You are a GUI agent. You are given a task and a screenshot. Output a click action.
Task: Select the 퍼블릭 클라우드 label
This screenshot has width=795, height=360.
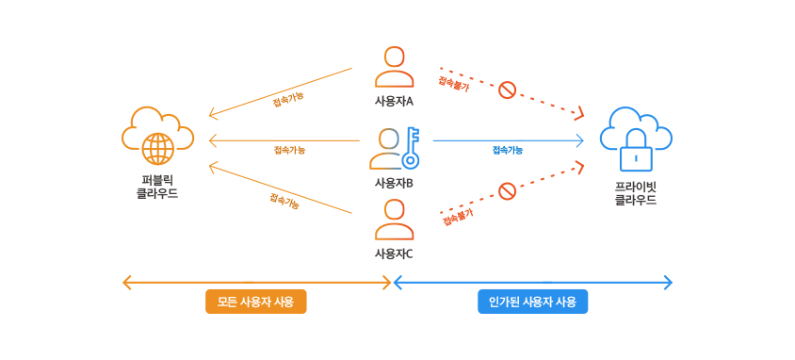pos(157,187)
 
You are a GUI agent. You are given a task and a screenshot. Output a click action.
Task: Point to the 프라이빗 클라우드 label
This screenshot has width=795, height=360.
pos(636,192)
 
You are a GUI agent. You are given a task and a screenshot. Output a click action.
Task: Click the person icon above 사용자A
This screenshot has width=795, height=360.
pos(395,67)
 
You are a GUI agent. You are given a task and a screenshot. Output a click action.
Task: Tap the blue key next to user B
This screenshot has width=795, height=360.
pos(412,148)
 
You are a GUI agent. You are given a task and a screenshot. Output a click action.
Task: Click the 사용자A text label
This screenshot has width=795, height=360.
pos(394,102)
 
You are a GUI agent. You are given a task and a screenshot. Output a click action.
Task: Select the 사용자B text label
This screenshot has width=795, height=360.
pos(394,183)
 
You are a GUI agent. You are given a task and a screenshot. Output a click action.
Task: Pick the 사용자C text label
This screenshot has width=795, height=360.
pos(394,253)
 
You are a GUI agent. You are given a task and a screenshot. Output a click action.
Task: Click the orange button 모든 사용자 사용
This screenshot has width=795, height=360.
pos(256,302)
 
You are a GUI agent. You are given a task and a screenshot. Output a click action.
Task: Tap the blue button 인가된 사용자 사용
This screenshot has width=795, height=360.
pos(533,302)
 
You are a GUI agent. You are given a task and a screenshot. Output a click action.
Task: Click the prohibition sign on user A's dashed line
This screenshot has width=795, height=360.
pos(507,90)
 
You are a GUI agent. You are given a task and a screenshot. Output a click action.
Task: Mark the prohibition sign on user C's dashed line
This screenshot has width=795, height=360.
pos(507,191)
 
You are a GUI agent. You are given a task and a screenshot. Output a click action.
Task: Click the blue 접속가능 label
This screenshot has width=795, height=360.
pos(508,150)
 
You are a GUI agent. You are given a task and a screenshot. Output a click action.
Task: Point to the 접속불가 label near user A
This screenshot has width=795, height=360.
pos(454,84)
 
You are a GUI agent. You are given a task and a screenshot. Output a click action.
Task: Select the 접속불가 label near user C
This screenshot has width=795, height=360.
pos(458,217)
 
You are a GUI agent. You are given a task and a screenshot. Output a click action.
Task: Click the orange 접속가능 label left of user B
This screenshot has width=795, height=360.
pos(289,150)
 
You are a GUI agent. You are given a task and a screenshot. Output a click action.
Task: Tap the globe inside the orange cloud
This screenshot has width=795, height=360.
pos(157,148)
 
